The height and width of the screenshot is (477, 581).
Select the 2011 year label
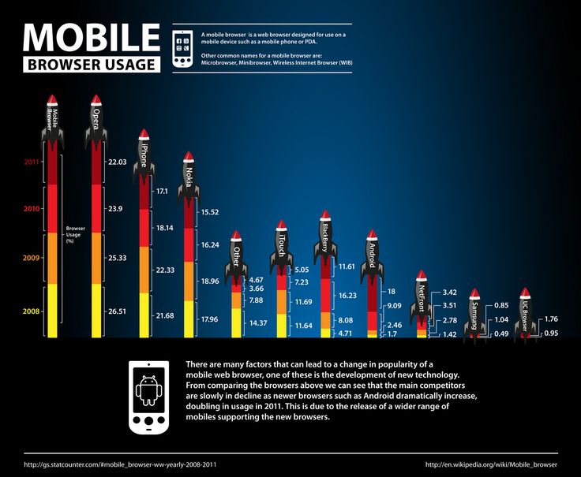pos(32,162)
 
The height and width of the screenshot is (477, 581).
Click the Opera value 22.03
pos(117,162)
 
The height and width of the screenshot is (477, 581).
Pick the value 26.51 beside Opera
pos(117,311)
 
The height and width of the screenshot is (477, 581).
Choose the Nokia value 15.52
pos(211,213)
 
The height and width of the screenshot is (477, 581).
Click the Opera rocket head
pos(96,102)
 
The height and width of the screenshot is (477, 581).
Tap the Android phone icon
pos(148,397)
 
